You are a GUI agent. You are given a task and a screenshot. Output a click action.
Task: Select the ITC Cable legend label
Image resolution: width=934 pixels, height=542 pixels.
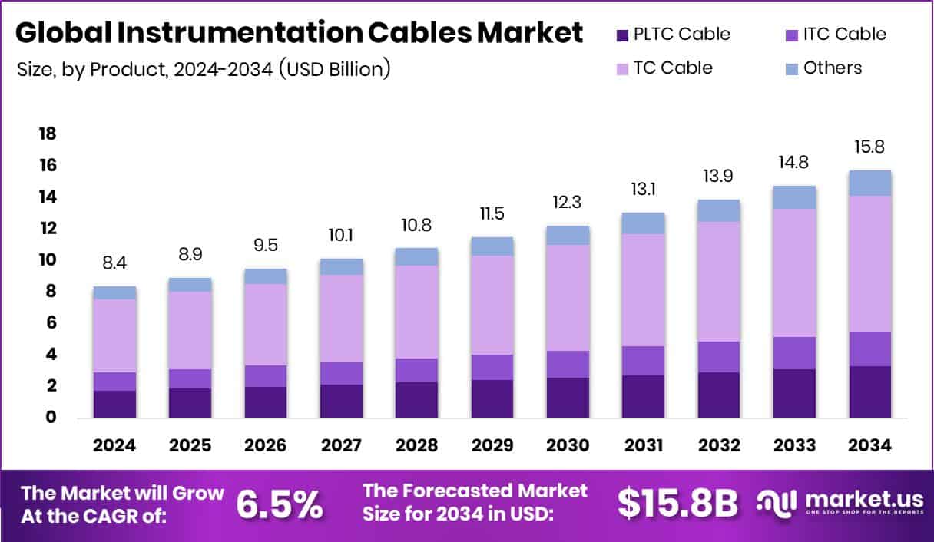[844, 35]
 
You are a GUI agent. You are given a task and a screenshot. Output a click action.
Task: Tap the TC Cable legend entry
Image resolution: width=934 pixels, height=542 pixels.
[673, 68]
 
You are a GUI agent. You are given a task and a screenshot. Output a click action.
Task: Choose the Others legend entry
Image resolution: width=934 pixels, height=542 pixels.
[833, 68]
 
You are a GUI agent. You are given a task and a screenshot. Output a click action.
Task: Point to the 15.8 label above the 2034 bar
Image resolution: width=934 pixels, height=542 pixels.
[869, 147]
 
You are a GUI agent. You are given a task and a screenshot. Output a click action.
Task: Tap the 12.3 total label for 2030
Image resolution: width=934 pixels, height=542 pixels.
[567, 203]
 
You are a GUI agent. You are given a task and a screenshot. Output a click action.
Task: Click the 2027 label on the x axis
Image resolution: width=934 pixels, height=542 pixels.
[340, 446]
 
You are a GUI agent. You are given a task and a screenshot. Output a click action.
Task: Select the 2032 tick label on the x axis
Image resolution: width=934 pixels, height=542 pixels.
[718, 446]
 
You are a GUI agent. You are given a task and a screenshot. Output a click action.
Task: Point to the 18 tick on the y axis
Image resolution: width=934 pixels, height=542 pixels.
[48, 134]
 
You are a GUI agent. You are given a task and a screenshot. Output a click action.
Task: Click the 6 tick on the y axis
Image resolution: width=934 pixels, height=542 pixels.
[51, 323]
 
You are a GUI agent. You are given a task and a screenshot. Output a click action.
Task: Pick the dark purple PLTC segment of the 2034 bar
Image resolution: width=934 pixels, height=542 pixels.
[869, 392]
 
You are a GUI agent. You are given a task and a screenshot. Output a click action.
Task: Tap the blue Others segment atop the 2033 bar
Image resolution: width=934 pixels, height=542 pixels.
[794, 197]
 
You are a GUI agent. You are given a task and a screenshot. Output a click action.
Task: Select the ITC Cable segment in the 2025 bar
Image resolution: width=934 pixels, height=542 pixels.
[190, 378]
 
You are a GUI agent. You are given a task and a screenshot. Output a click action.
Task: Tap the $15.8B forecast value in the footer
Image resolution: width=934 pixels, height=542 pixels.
[677, 503]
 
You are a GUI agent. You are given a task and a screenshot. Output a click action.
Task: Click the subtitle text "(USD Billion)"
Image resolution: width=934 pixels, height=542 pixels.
[335, 69]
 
